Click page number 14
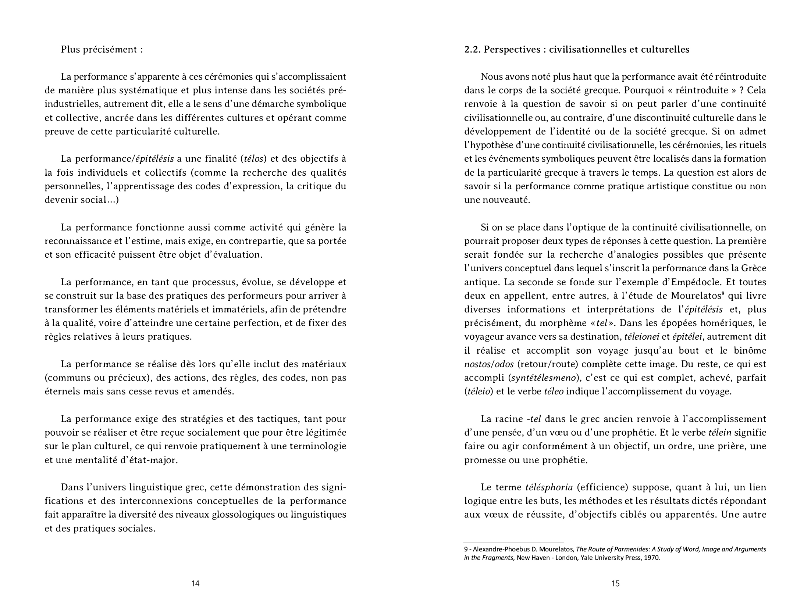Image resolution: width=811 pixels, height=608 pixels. [x=195, y=583]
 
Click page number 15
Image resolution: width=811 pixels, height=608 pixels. [x=615, y=583]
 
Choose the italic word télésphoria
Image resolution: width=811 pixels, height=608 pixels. [x=549, y=488]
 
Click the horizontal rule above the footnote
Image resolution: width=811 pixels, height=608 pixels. [x=513, y=543]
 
